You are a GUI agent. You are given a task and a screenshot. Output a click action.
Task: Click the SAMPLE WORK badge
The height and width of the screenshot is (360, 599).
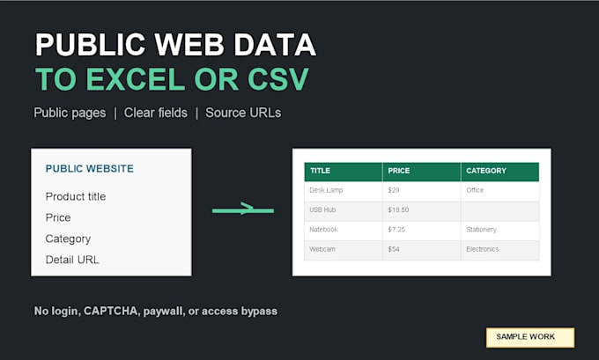(530, 337)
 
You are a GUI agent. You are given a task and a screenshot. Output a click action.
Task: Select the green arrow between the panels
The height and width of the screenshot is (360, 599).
(243, 209)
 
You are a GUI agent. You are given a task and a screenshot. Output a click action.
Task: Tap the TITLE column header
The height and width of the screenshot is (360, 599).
(344, 172)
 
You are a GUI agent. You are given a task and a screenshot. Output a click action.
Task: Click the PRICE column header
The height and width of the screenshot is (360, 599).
(422, 172)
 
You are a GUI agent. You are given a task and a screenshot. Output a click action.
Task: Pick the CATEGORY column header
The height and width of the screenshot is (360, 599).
(500, 172)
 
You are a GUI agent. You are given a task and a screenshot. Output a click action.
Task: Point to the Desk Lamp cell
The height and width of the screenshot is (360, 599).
(344, 191)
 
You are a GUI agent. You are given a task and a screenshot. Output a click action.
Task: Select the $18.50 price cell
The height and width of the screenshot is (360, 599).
(422, 211)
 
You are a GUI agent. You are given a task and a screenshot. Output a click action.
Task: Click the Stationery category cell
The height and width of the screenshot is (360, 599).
(500, 231)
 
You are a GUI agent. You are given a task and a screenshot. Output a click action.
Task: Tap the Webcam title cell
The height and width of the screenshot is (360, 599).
(344, 250)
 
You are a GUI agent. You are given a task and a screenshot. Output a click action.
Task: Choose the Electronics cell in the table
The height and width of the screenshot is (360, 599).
(500, 250)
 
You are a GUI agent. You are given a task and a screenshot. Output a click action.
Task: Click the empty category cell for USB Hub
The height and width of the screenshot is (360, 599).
(500, 211)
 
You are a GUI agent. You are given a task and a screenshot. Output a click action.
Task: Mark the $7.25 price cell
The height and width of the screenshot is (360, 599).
(422, 231)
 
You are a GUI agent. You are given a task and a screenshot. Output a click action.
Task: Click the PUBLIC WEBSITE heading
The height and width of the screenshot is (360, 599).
(89, 169)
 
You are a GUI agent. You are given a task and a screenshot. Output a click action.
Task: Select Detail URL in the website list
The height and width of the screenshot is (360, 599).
(72, 260)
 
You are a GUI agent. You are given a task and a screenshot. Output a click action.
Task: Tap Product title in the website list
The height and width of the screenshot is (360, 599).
(76, 196)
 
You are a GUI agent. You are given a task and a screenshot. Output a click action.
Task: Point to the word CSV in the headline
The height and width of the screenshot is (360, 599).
(277, 79)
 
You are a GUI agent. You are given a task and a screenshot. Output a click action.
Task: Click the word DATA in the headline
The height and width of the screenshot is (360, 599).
(275, 45)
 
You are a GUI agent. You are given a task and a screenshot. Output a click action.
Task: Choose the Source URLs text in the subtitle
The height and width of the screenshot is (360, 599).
(243, 113)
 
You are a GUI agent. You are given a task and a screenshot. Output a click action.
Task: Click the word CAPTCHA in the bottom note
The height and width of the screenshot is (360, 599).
(110, 311)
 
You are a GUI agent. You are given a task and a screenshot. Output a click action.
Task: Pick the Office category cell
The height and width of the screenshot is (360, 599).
(500, 191)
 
